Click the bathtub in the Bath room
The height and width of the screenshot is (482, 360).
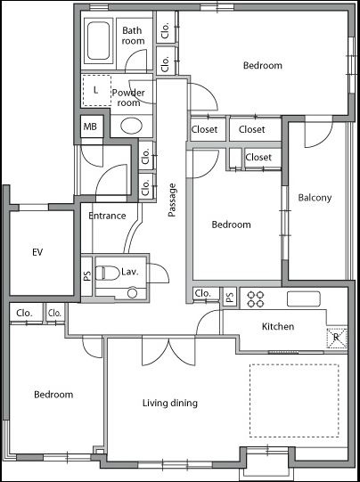click(x=98, y=41)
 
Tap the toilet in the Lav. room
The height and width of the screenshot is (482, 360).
click(x=107, y=273)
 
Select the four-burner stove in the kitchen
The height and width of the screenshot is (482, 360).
click(x=256, y=299)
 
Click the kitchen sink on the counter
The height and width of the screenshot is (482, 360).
click(x=304, y=298)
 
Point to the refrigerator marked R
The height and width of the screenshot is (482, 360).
click(x=337, y=338)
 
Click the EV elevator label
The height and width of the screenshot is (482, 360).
click(x=37, y=252)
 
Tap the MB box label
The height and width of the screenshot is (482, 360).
click(x=90, y=127)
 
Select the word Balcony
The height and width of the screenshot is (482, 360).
click(x=315, y=198)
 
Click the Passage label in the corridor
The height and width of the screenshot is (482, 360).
click(x=172, y=200)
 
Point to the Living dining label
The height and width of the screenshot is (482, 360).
click(x=170, y=403)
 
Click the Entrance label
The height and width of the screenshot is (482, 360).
click(x=107, y=216)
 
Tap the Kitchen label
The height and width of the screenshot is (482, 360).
click(x=278, y=326)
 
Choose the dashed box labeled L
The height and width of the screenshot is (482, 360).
click(x=97, y=91)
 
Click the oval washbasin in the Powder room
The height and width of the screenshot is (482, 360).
click(x=132, y=126)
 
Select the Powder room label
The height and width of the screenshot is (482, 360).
click(x=128, y=97)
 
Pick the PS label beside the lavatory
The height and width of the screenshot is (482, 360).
click(x=87, y=275)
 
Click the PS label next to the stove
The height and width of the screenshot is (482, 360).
click(x=230, y=297)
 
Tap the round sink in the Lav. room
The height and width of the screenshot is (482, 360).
click(x=132, y=293)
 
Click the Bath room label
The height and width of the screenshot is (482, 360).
click(x=133, y=36)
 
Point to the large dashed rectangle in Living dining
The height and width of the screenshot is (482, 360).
click(x=294, y=401)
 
